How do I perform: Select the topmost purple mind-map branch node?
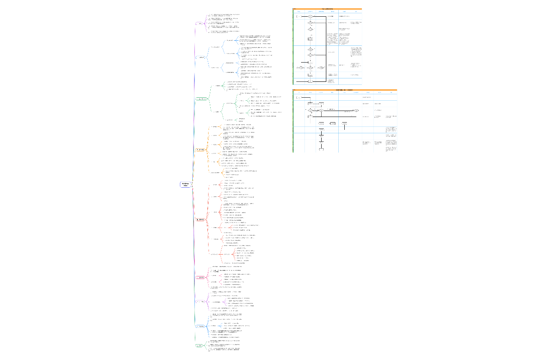(x=200, y=24)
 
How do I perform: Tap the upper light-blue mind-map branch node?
(x=200, y=57)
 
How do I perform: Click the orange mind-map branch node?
(x=200, y=150)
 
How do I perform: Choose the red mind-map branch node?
(x=200, y=219)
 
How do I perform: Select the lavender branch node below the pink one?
(x=200, y=301)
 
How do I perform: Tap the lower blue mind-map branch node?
(x=200, y=327)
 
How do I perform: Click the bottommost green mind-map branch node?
(x=199, y=345)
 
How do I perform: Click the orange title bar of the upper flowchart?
(x=327, y=9)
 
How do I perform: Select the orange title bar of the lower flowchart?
(x=345, y=90)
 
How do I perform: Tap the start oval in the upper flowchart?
(x=298, y=16)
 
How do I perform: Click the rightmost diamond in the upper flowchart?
(x=321, y=68)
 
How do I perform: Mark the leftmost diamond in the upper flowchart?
(x=301, y=68)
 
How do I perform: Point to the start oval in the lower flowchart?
(x=298, y=98)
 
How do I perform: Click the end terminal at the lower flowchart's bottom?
(x=321, y=149)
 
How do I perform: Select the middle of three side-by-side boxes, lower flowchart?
(x=333, y=123)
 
